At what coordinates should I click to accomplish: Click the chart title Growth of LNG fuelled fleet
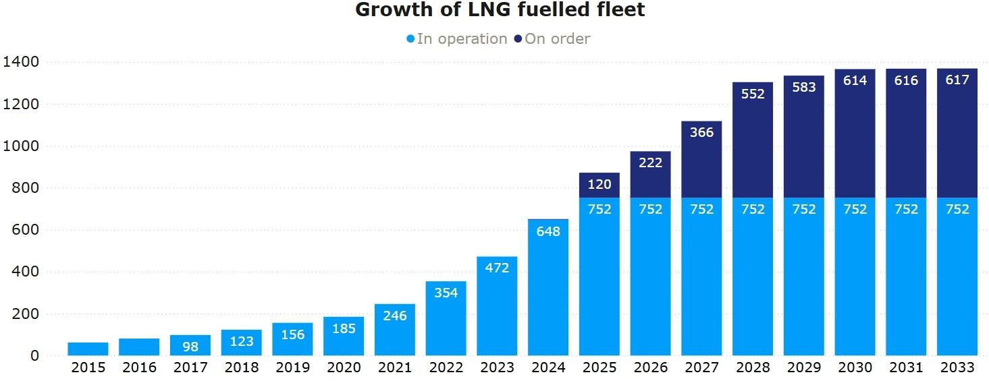pos(500,10)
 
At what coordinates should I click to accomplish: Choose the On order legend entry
pos(552,39)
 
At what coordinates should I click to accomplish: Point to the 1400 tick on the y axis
pos(22,62)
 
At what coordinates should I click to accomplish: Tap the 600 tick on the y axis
pos(26,230)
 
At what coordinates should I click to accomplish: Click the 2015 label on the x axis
pos(88,368)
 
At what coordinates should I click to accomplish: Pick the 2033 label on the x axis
pos(957,368)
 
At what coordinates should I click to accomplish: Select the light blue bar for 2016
pos(139,347)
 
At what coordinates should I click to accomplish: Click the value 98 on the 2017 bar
pos(190,347)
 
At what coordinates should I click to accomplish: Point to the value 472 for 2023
pos(497,268)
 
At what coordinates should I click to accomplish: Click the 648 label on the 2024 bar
pos(548,231)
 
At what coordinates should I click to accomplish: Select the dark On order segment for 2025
pos(599,185)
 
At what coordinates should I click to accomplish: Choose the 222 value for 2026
pos(651,163)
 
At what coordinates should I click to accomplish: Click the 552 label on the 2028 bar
pos(753,94)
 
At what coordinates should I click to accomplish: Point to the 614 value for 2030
pos(855,81)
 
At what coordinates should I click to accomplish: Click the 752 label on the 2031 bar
pos(906,209)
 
